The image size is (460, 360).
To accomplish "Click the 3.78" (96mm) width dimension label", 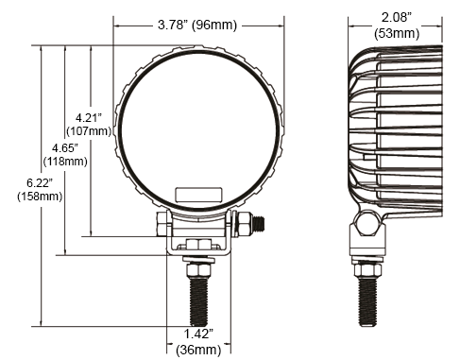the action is pos(197,25).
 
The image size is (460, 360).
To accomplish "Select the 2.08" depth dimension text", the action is pos(397,17).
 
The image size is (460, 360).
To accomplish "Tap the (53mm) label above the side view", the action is pos(397,33).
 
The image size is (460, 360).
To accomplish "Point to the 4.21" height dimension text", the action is pos(89,118).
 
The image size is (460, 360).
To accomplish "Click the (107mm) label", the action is pos(89,131).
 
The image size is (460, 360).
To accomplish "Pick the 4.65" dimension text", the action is pos(65,147).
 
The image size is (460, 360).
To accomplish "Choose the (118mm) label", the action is pos(65,162).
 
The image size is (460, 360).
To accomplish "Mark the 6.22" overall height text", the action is pos(40,182).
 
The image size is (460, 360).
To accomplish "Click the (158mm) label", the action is pos(40,197).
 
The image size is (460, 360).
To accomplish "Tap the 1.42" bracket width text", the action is pos(198,334).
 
